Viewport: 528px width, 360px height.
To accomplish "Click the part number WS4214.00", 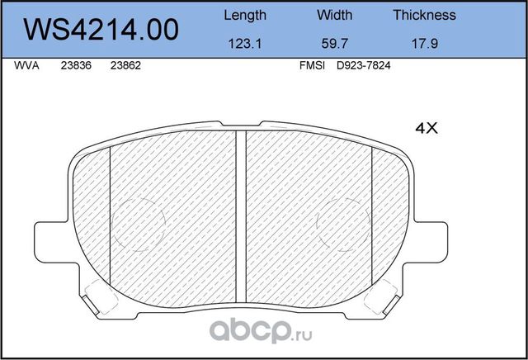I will click(102, 31).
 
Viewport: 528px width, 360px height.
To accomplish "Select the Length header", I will click(245, 15).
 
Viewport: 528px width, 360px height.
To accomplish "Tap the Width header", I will click(334, 15).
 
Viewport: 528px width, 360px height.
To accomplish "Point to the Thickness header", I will click(424, 15).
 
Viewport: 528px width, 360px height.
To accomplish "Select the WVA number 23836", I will click(76, 71).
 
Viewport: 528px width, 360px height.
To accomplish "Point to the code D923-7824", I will click(363, 71).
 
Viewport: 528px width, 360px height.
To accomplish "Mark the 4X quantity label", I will click(425, 128).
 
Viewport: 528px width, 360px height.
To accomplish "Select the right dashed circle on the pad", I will click(345, 224).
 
